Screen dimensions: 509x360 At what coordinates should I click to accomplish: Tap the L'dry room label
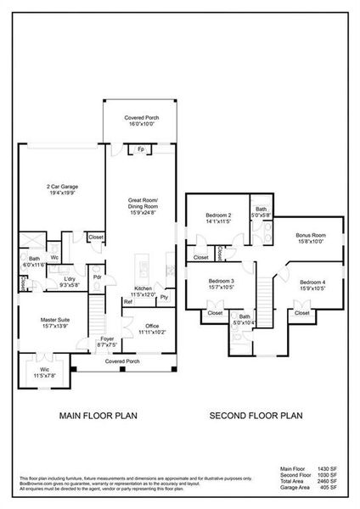[x=72, y=278]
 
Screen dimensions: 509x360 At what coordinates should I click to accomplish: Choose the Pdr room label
[x=98, y=276]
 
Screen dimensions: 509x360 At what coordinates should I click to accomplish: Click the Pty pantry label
[x=164, y=298]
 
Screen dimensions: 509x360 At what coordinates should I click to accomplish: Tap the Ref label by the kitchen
[x=127, y=301]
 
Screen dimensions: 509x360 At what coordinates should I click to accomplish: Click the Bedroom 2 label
[x=218, y=215]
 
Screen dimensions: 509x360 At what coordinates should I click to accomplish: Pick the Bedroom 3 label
[x=221, y=281]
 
